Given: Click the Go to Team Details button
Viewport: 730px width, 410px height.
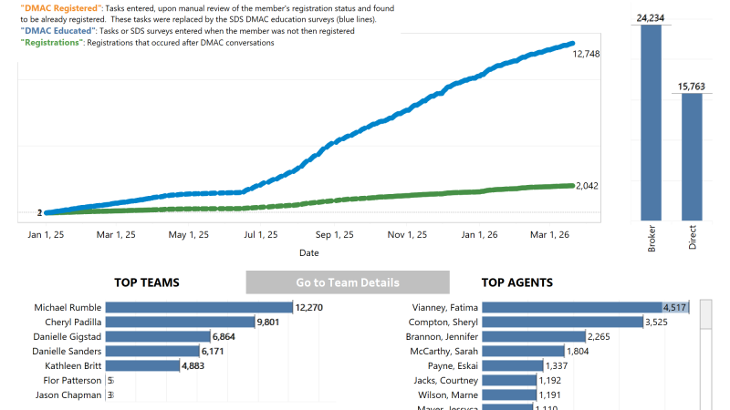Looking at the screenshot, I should (x=348, y=282).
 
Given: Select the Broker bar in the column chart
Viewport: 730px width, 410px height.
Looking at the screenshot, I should (x=652, y=123).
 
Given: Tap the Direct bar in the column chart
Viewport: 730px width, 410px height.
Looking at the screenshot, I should (x=693, y=155).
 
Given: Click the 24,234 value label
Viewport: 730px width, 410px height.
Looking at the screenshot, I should (x=652, y=16).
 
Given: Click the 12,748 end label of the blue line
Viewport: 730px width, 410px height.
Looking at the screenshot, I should (x=587, y=54).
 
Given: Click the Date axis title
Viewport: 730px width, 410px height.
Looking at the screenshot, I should (x=309, y=252).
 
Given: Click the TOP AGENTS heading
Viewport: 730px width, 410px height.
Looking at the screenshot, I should (x=516, y=282).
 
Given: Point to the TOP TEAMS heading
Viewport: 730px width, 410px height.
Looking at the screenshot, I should (x=146, y=282).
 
